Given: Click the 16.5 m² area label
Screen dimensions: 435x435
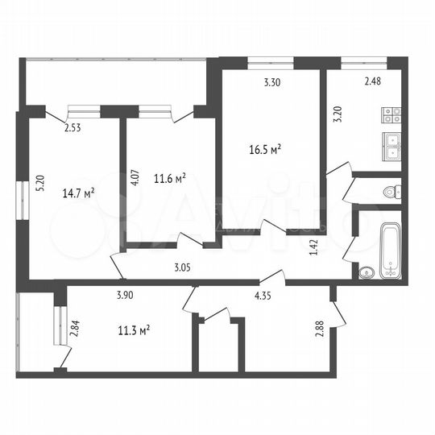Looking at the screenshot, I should pos(265,149).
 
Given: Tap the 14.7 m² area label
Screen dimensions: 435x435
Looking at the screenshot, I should pos(79,193).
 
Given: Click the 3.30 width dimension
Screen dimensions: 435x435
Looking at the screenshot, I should pos(272,81).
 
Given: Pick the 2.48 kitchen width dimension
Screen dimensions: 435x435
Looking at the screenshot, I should pos(372,81).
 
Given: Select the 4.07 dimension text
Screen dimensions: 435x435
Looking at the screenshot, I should pos(135,179).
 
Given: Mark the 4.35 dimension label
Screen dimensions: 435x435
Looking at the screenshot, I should pos(263,296).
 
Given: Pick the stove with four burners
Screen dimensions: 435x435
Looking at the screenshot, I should pos(391,116).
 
